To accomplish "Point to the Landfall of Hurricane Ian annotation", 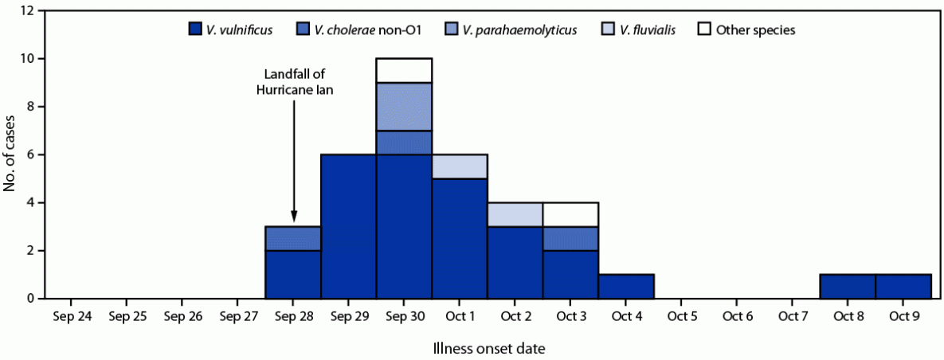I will (x=294, y=82).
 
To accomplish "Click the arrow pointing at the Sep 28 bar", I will (x=294, y=159).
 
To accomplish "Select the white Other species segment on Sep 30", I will (x=405, y=70).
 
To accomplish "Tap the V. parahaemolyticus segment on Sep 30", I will (x=405, y=106).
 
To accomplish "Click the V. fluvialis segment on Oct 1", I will (x=460, y=166).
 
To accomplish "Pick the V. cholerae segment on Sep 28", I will (x=293, y=238).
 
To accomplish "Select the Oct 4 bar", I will (x=626, y=286).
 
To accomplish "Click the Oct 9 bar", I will (x=903, y=286).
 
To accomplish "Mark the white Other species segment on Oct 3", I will (x=571, y=214).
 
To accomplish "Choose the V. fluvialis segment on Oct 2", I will (x=515, y=214).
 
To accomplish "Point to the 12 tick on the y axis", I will (x=28, y=11).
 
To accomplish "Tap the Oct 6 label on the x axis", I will (x=737, y=317).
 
